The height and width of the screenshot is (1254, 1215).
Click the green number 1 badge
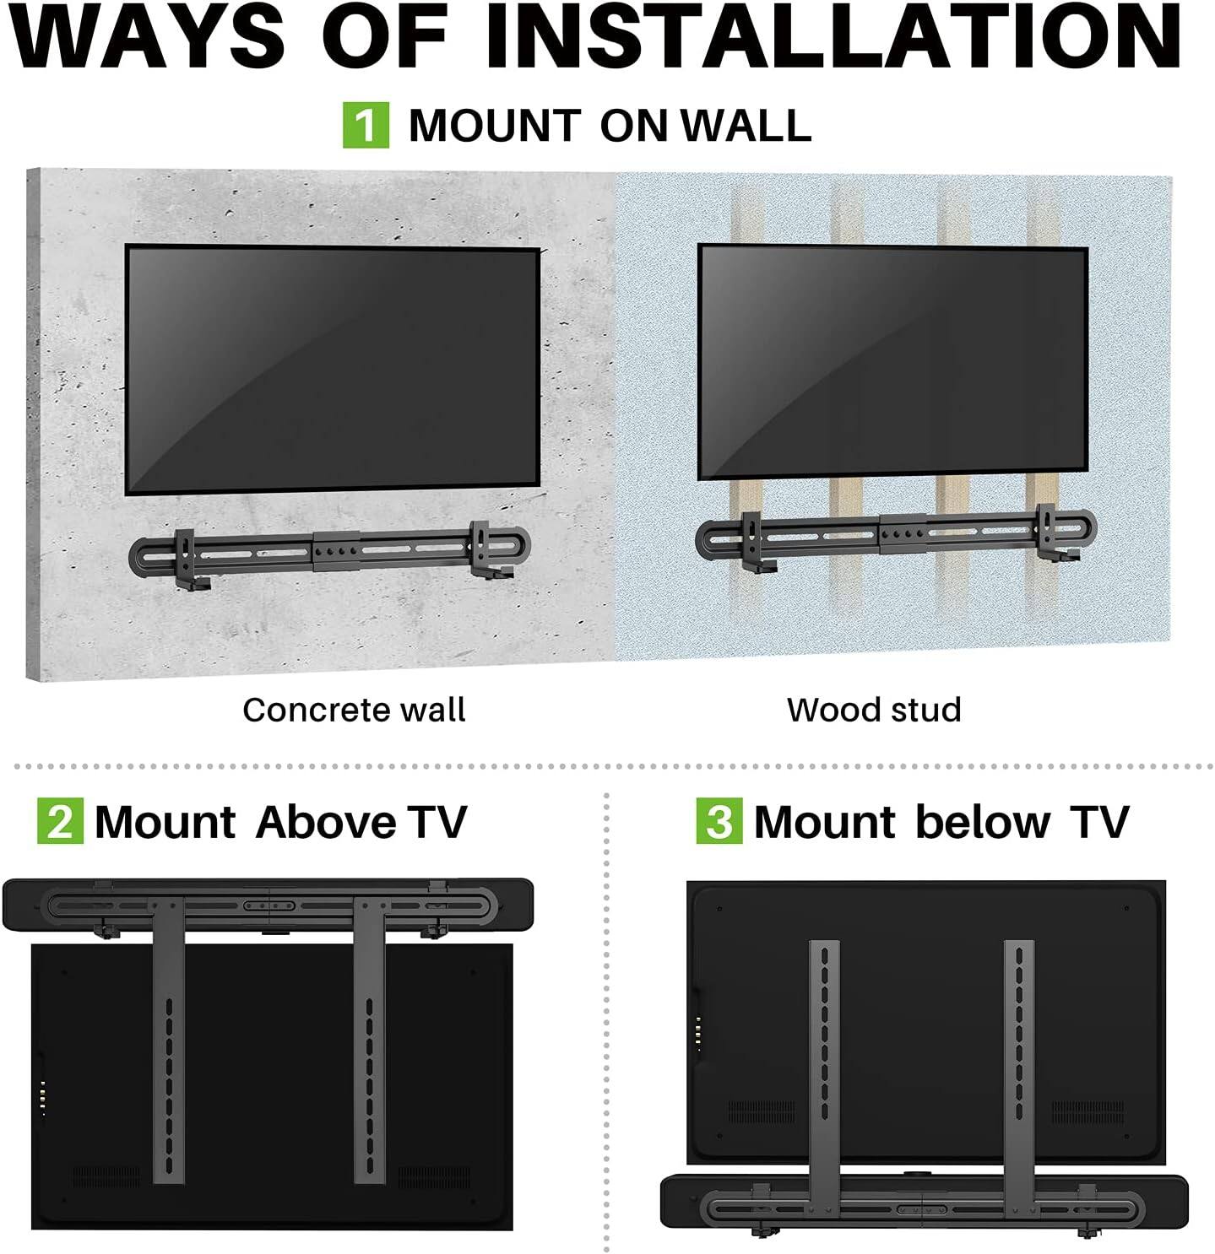366,125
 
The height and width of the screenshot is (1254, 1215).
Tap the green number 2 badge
60,821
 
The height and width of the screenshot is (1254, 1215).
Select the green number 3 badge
719,821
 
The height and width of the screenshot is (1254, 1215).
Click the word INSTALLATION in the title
832,38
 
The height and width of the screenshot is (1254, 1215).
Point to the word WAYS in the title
148,38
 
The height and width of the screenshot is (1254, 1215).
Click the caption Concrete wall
354,710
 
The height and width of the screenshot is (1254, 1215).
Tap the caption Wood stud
874,710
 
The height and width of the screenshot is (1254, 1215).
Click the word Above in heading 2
326,821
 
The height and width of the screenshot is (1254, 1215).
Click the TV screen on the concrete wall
333,370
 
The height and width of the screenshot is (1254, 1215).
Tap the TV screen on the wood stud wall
892,361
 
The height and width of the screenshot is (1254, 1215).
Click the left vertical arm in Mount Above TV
168,1038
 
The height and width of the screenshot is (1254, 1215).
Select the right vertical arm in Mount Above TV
369,1038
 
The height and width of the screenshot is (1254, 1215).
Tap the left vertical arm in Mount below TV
824,1055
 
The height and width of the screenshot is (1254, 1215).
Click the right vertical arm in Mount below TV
1019,1055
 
